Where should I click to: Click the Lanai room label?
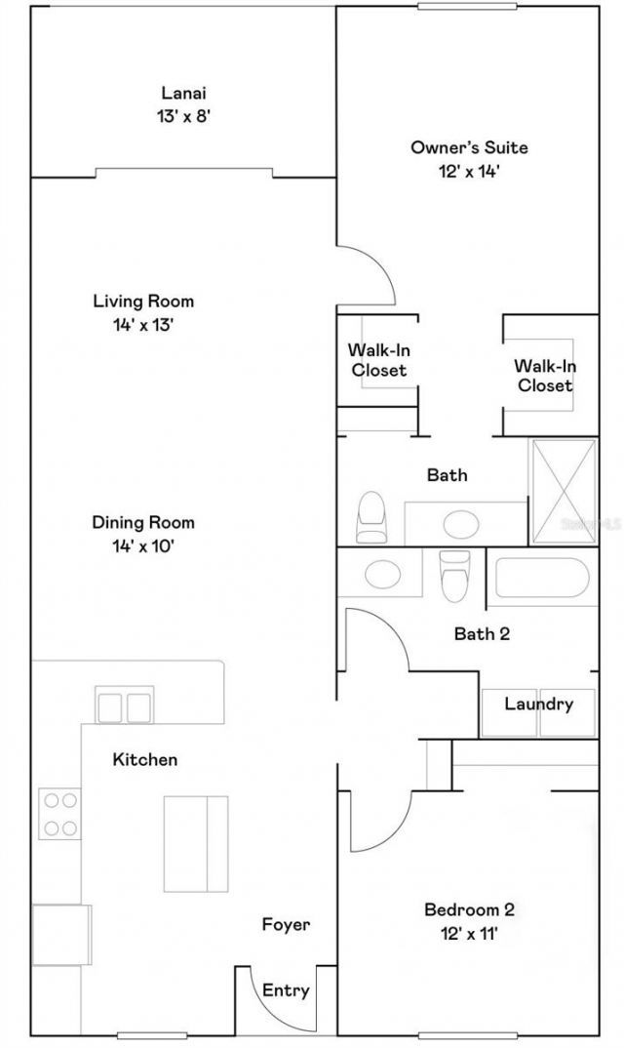coord(184,94)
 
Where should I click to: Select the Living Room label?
coord(143,301)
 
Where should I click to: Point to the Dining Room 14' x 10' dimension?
coord(143,546)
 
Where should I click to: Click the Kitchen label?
coord(145,758)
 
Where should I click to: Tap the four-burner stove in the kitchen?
coord(59,814)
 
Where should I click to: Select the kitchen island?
coord(195,843)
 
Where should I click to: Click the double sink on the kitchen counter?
coord(125,705)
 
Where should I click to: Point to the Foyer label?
coord(286,924)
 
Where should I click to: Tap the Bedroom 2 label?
coord(469,909)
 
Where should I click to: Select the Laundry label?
coord(538,704)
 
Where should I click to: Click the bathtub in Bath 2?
coord(542,578)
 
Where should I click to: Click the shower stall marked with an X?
coord(563,492)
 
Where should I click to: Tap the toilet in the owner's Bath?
coord(371,517)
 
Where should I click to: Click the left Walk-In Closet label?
coord(378,360)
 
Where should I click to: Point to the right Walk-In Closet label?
coord(544,376)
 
